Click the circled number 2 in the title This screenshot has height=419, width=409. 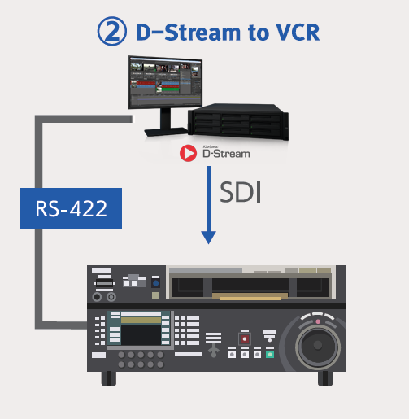pos(112,31)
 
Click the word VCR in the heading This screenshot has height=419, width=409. pos(298,33)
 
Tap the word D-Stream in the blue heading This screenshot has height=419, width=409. pos(188,33)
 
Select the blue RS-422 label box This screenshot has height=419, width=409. pos(71,208)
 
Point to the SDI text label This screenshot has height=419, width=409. pos(241,192)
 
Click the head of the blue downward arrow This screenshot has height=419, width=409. pos(208,238)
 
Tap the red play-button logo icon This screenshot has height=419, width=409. pos(188,153)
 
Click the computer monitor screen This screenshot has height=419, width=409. pos(165,83)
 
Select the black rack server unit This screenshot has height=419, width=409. pos(238,121)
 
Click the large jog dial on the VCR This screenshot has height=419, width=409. pos(318,345)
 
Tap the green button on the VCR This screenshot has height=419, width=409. pos(270,354)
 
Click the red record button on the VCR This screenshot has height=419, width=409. pos(245,338)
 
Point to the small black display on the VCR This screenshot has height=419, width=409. pos(141,334)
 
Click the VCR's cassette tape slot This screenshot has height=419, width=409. pos(250,287)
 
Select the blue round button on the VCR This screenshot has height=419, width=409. pos(155,283)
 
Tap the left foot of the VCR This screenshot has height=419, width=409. pos(109,378)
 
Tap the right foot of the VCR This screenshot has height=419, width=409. pos(325,378)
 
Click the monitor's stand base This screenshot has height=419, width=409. pos(166,132)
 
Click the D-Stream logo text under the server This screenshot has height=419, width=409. pos(226,154)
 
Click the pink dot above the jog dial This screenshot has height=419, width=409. pos(318,321)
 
